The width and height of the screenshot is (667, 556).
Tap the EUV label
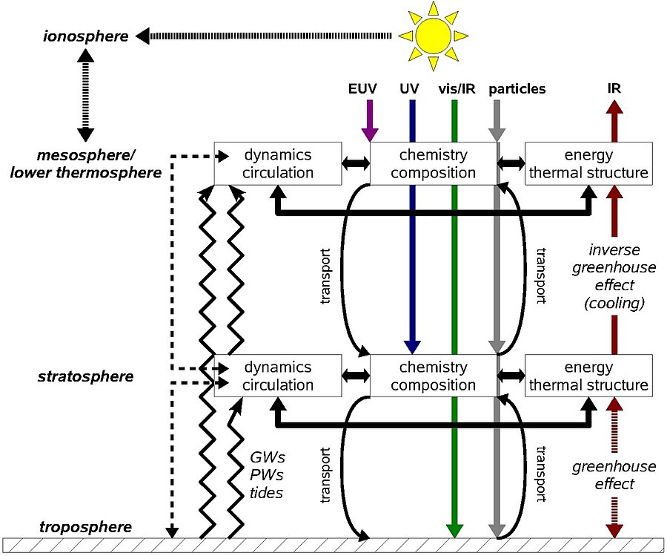[x=362, y=89]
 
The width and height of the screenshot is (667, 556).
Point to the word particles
[x=517, y=89]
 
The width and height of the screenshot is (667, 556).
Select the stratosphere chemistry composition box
[x=433, y=376]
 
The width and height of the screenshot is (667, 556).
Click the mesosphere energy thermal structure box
[x=588, y=164]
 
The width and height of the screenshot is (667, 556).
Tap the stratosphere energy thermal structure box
[x=588, y=376]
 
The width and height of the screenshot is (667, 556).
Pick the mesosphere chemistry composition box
[x=433, y=164]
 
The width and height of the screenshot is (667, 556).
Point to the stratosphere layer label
[x=85, y=377]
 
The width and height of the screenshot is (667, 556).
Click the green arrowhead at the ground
[x=455, y=530]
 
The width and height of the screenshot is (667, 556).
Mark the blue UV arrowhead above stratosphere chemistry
[x=412, y=346]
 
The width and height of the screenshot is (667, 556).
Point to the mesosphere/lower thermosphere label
[x=98, y=164]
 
